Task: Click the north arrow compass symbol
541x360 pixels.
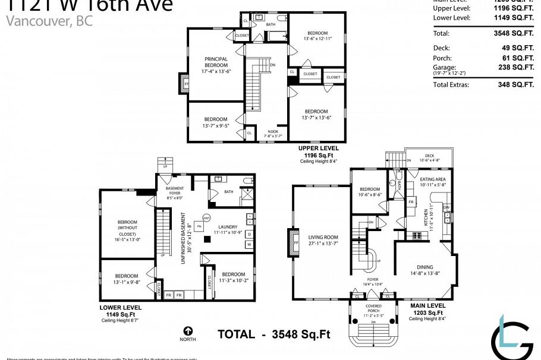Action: (188, 331)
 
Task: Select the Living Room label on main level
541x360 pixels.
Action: (323, 239)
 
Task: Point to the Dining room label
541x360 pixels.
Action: (424, 270)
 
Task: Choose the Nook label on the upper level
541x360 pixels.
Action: (273, 133)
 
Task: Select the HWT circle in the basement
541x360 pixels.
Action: (207, 217)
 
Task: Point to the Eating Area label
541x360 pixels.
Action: (433, 182)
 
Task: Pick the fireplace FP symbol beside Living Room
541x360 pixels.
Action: (295, 243)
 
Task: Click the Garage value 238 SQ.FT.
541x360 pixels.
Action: (515, 68)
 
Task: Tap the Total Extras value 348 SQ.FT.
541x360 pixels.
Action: (515, 85)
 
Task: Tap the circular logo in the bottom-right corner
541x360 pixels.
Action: (512, 342)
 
